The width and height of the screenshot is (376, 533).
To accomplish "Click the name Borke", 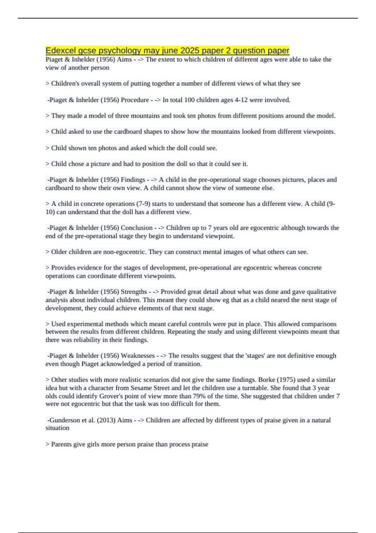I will (266, 380).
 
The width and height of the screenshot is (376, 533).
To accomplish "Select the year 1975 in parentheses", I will (286, 380).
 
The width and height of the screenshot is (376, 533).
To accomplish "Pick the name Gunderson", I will (65, 420).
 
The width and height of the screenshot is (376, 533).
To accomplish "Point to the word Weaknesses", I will (138, 356).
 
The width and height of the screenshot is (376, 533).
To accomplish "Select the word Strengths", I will (134, 292).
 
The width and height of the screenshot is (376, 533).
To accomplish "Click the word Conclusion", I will (137, 228).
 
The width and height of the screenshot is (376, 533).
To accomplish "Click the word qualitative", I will (321, 292).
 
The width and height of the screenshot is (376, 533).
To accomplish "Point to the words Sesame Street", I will (147, 388).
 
